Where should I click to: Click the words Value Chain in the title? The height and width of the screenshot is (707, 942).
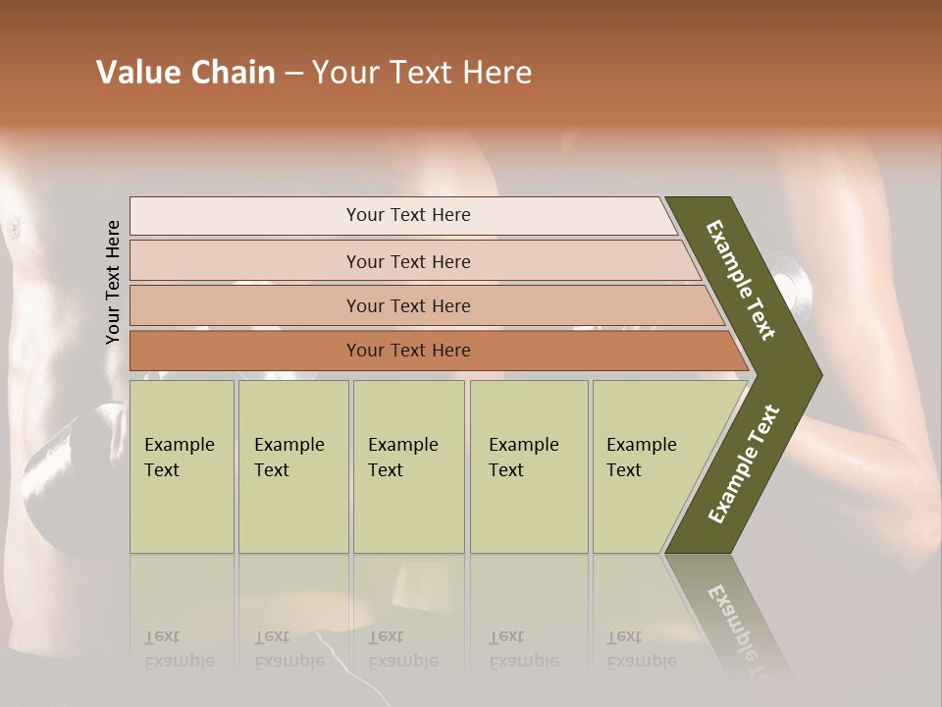(185, 73)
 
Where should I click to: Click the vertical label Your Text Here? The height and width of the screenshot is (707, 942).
(113, 282)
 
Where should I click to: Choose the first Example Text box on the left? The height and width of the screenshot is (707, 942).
(182, 466)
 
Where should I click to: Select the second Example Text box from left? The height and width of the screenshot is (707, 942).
(293, 466)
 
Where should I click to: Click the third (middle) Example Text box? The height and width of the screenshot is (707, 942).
(408, 466)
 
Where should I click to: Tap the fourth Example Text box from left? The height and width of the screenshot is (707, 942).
(529, 466)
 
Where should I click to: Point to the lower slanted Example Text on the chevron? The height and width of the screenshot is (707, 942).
(744, 463)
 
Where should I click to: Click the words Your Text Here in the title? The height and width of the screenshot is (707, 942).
(422, 73)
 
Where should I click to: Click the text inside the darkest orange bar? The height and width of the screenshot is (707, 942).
(408, 351)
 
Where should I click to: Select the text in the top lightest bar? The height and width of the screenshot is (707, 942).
(408, 215)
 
